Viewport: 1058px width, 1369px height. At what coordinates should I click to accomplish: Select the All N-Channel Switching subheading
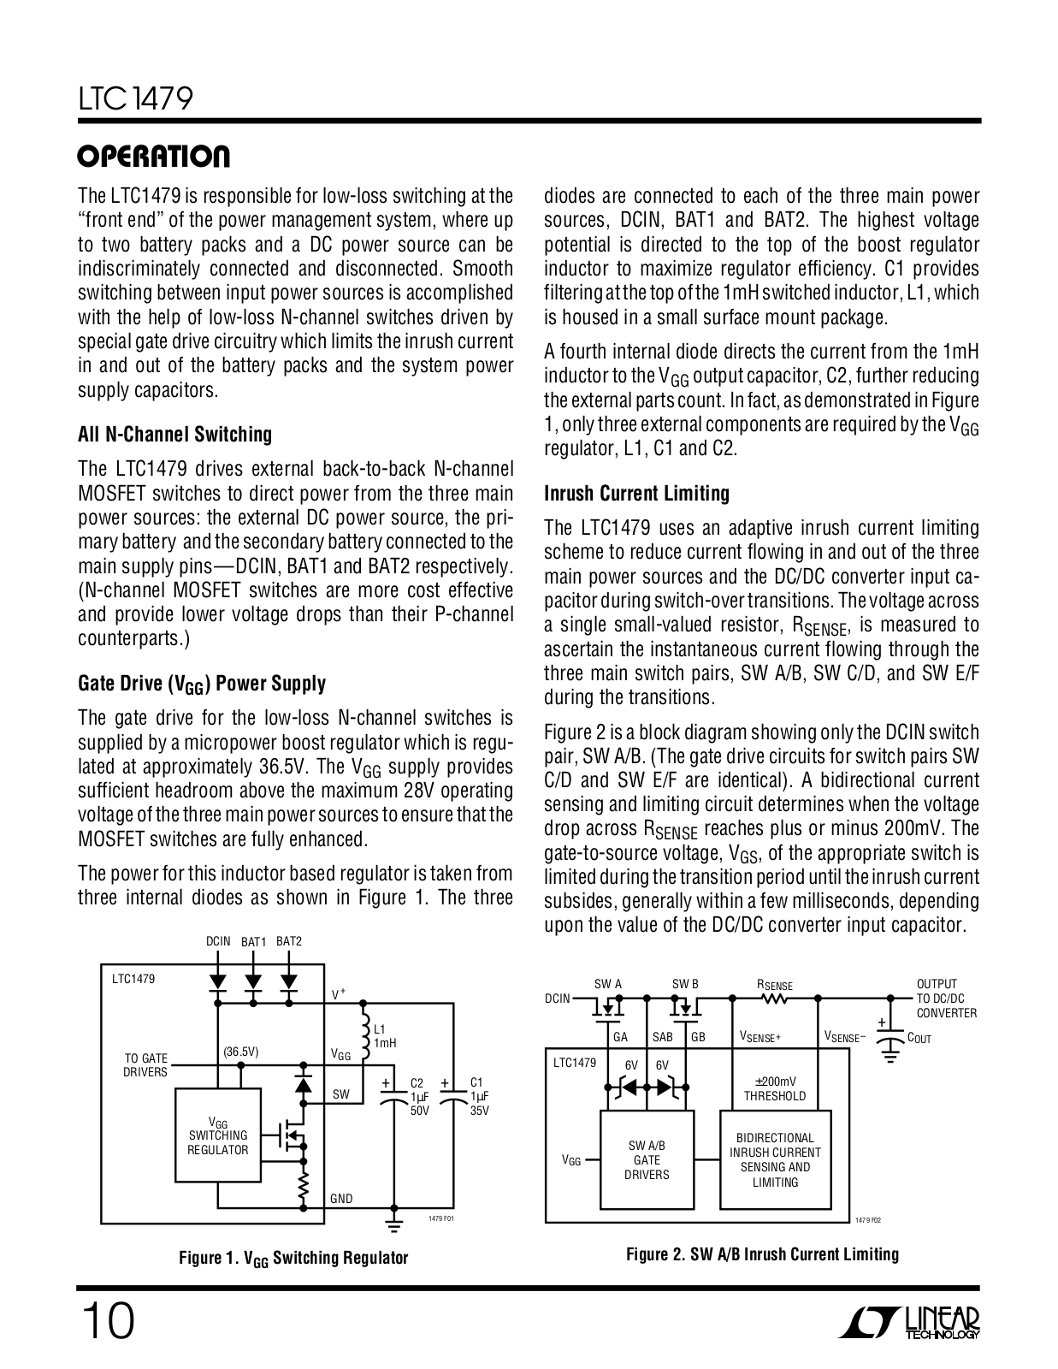click(174, 435)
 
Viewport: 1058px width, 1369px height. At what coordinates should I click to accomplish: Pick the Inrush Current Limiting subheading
click(636, 494)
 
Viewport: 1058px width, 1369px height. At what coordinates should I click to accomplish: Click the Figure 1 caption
click(293, 1258)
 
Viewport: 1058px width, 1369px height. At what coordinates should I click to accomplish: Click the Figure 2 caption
click(762, 1254)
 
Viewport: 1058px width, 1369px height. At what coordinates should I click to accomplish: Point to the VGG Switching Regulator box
click(218, 1135)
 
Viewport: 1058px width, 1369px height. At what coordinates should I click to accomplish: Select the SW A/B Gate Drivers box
click(647, 1160)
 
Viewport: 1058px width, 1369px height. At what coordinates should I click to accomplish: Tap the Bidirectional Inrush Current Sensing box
click(775, 1160)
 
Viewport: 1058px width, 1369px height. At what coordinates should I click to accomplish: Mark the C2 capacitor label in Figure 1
click(418, 1096)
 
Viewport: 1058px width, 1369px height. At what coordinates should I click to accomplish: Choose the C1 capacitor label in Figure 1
click(478, 1096)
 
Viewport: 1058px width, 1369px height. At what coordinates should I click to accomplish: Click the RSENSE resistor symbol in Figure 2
click(774, 998)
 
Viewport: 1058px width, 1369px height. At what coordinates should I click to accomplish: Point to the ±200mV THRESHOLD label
click(774, 1088)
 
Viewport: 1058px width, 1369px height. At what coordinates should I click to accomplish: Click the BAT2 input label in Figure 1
click(289, 941)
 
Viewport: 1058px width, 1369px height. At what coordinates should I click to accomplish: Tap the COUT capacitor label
click(919, 1038)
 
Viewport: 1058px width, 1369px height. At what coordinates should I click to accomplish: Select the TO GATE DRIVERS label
click(145, 1065)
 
